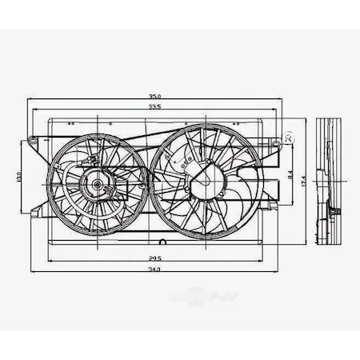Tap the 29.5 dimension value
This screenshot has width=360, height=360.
tap(154, 258)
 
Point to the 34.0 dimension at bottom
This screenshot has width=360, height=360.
tap(154, 270)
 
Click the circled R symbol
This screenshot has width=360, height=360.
tap(289, 138)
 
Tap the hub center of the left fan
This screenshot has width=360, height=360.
tap(97, 185)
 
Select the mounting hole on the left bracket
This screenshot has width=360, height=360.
tap(33, 142)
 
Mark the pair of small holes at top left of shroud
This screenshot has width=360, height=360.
tap(71, 124)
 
